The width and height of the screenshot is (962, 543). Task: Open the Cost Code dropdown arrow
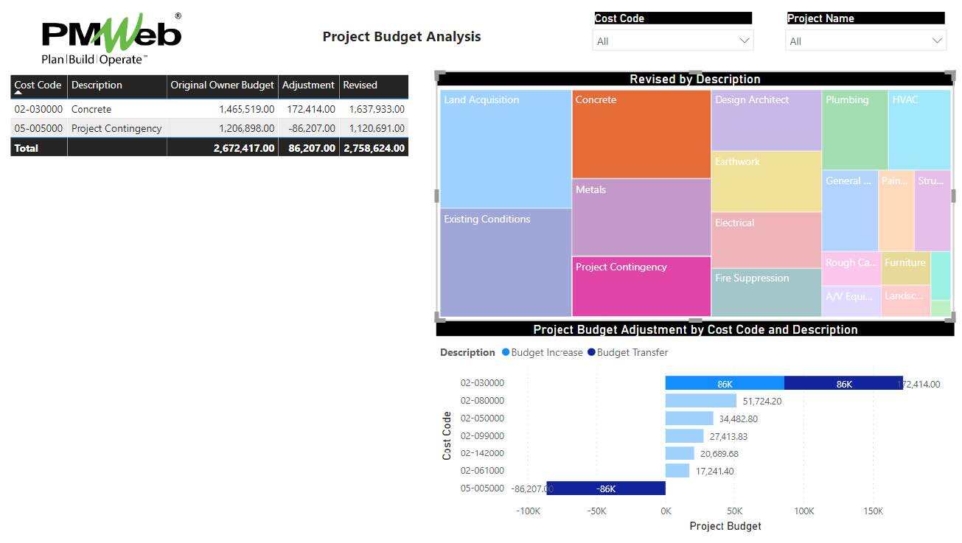point(744,41)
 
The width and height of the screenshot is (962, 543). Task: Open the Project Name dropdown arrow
point(937,41)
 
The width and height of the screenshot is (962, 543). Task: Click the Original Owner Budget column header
point(222,85)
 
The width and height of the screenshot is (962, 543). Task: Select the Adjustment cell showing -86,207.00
point(308,128)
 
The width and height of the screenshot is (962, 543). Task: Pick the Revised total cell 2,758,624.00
point(374,148)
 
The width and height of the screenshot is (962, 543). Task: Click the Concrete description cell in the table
point(91,109)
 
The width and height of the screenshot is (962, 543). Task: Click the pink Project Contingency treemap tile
point(641,287)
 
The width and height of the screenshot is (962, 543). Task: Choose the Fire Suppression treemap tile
point(766,292)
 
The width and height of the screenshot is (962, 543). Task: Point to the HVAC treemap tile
point(919,130)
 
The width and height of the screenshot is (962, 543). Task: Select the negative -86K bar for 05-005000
point(605,488)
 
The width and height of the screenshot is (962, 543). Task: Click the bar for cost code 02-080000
point(700,401)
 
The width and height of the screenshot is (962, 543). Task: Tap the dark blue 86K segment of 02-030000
point(843,383)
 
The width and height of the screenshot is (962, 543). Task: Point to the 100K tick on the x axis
point(804,511)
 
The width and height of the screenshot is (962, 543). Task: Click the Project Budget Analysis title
point(402,37)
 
